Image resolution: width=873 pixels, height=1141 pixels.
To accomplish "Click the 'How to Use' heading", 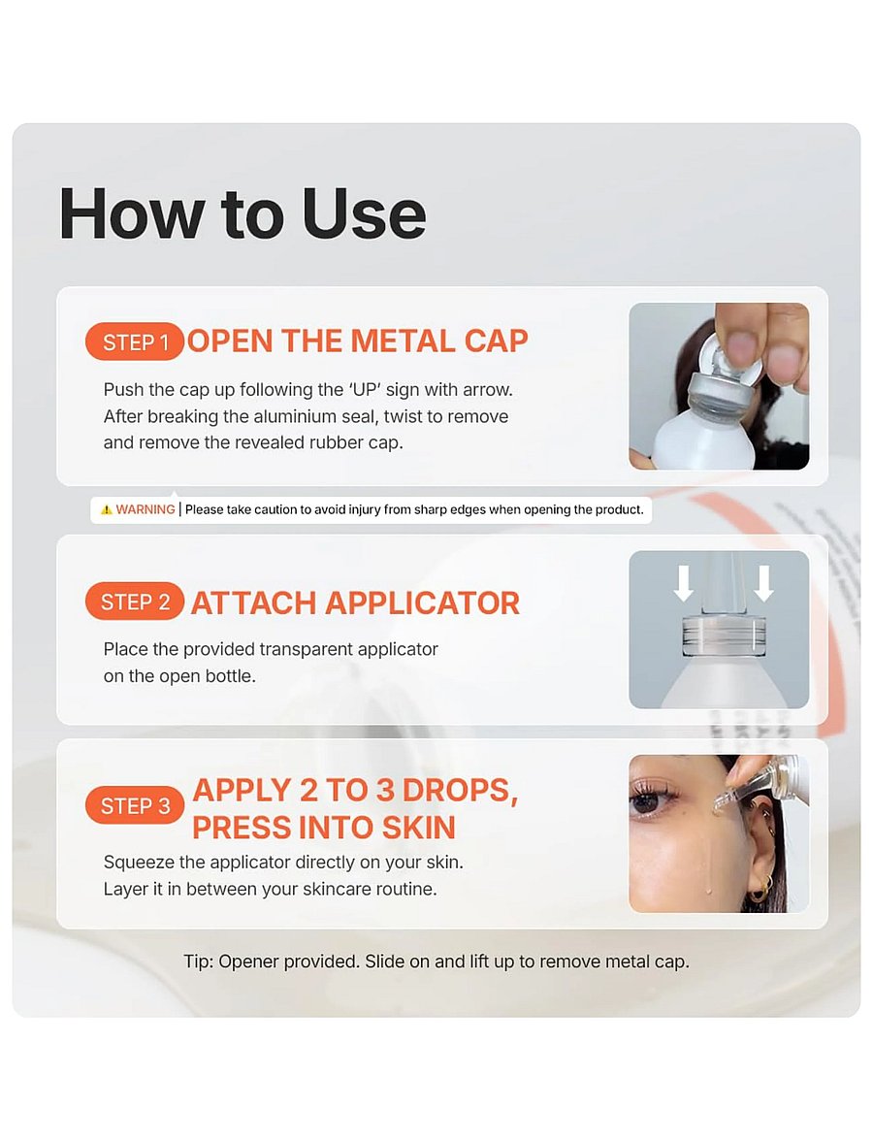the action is tap(242, 213).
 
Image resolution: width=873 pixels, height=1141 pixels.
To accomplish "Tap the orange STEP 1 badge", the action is tap(136, 342).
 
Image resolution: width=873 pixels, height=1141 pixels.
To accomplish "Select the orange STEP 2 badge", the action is tap(135, 602).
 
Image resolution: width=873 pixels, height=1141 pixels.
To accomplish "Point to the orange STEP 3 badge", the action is tap(135, 805).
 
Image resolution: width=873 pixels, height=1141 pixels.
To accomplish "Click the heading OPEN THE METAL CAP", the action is tap(357, 342).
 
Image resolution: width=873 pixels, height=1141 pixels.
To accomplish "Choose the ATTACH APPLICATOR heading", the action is tap(355, 603).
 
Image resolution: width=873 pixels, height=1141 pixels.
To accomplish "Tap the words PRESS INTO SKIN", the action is tap(324, 828).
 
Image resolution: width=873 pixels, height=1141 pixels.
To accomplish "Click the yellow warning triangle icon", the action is tap(107, 509).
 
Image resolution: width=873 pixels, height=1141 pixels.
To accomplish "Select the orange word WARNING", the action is tap(145, 509).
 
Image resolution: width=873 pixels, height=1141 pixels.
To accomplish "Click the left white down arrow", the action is tap(683, 584).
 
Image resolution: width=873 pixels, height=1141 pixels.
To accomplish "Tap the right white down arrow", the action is tap(763, 584).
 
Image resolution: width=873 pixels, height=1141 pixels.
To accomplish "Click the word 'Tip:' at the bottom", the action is tap(198, 962).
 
